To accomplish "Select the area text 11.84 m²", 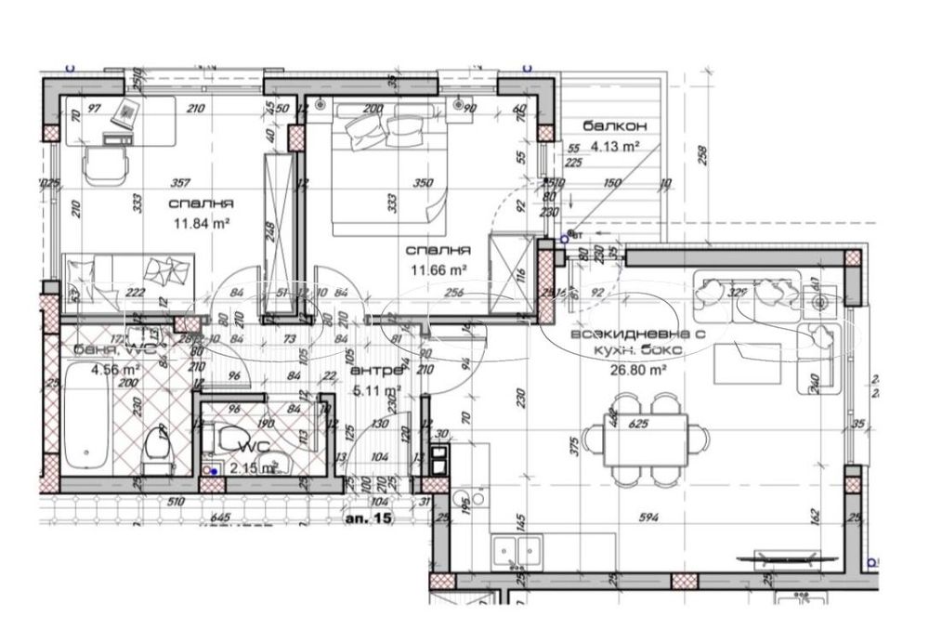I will pos(202,222).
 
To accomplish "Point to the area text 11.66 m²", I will pos(438,270).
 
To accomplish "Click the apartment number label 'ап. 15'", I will pos(370,518).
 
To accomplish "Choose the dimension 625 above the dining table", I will pos(637,425).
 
